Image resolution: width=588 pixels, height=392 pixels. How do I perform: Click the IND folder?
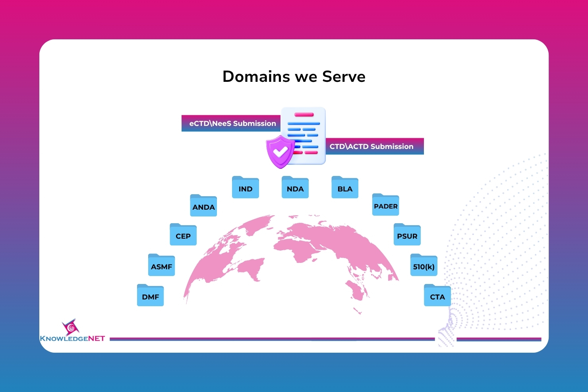point(246,187)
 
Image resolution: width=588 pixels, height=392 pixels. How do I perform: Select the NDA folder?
point(295,187)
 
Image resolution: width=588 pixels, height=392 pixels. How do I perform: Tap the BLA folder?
point(345,187)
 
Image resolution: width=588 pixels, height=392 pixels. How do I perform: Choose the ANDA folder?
point(203,205)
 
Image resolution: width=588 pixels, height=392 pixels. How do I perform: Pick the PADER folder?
point(386,205)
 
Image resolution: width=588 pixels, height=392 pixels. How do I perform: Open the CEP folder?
point(183,234)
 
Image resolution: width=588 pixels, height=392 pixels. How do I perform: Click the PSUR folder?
point(407,234)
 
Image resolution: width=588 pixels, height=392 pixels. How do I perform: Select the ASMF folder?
point(161,265)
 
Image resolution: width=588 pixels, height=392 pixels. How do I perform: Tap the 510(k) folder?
point(424,265)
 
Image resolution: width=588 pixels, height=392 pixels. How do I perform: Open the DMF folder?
point(151,295)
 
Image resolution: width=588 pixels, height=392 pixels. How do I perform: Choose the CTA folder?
point(437,295)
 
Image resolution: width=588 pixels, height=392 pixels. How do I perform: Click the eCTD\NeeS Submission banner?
point(231,124)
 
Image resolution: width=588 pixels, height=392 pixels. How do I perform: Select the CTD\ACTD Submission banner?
point(375,146)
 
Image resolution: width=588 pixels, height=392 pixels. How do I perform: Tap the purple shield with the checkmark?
point(280,152)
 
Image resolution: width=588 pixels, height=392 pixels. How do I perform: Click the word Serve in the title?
point(344,77)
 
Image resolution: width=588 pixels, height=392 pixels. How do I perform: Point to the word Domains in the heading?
point(256,77)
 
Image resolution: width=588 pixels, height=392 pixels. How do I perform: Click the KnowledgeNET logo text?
point(72,338)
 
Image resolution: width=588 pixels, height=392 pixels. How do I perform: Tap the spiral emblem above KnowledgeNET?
point(70,327)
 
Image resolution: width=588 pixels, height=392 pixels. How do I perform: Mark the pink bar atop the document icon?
point(304,114)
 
